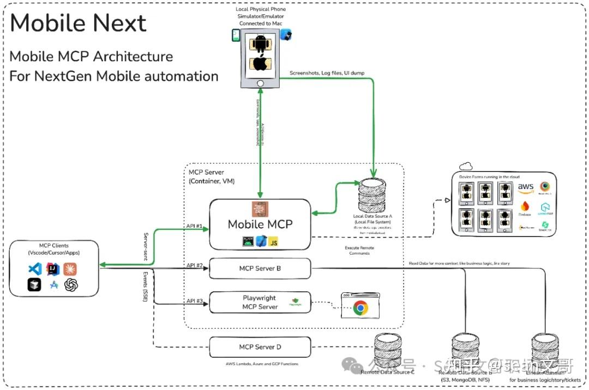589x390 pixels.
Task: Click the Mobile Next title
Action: click(x=78, y=23)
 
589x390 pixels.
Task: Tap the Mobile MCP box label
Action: click(x=260, y=224)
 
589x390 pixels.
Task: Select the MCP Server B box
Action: click(x=260, y=269)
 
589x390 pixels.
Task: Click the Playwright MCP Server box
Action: click(x=260, y=302)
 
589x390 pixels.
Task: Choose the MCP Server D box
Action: click(x=260, y=347)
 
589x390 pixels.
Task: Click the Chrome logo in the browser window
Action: click(x=360, y=308)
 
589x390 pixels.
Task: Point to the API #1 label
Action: click(x=195, y=225)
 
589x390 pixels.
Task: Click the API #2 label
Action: click(x=195, y=265)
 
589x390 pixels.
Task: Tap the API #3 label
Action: click(x=195, y=300)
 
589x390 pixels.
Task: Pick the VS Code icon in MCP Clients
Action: click(x=35, y=269)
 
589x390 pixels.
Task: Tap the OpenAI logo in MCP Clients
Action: click(x=71, y=285)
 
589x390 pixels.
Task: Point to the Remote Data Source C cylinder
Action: click(x=388, y=350)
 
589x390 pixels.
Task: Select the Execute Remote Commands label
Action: click(x=359, y=251)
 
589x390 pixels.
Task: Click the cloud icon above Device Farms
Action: click(x=465, y=166)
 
